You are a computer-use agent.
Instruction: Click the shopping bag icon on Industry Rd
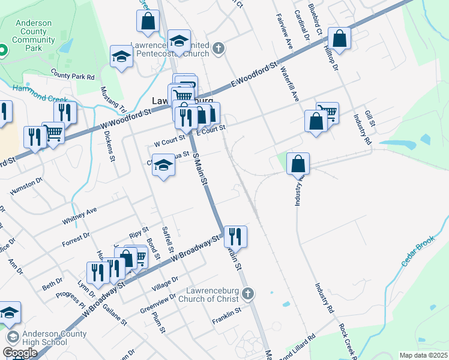[298, 163]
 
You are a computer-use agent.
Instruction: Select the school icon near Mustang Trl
[122, 56]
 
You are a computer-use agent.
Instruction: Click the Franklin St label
[226, 311]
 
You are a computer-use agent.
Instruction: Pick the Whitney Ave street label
[79, 217]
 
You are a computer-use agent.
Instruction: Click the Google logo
[20, 352]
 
